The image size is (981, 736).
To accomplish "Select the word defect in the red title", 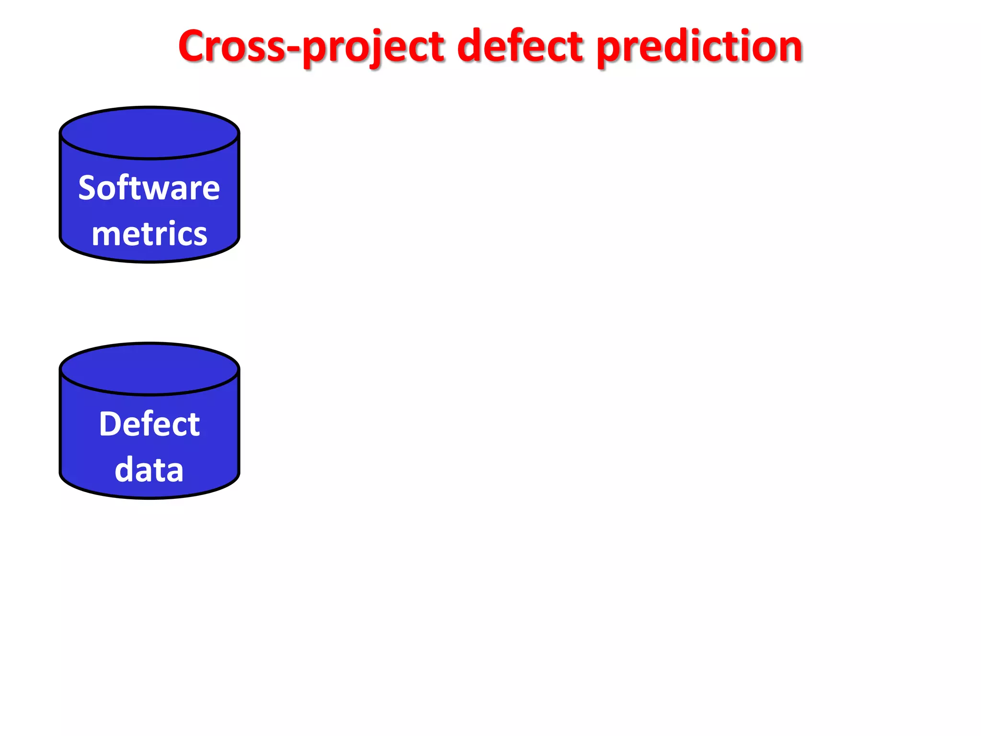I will pos(520,46).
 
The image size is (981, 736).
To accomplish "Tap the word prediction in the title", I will pos(699,46).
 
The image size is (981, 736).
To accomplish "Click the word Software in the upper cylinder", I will pos(149,188).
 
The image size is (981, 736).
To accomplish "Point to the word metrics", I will pos(149,234).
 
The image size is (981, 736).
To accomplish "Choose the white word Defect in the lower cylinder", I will pos(149,424).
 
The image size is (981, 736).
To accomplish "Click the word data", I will pos(149,470).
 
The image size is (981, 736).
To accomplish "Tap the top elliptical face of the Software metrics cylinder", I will pos(149,133).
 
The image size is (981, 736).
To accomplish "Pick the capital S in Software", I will pos(89,188).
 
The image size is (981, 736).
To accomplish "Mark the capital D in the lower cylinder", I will pos(110,424).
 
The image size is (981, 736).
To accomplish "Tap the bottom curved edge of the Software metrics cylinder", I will pos(149,261).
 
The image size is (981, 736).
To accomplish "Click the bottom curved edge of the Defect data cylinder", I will pos(149,497).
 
